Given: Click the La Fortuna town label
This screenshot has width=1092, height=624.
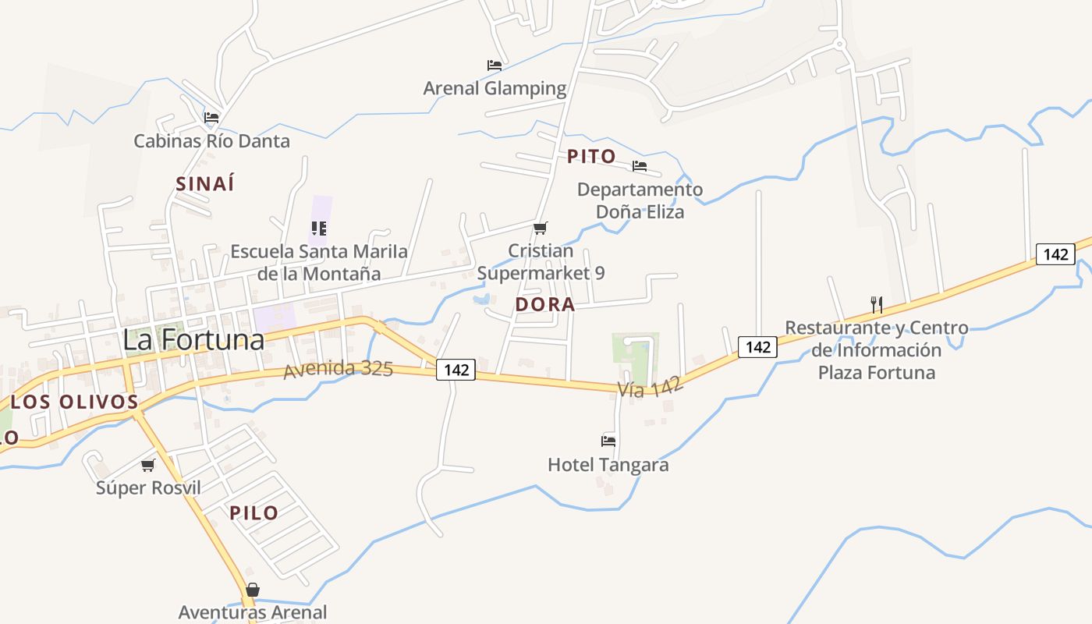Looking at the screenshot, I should point(193,340).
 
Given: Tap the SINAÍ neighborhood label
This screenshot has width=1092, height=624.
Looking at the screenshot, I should point(205,184).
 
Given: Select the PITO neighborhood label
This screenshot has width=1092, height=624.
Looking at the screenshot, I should point(591,156).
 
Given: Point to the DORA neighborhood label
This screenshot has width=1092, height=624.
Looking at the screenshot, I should point(545,304).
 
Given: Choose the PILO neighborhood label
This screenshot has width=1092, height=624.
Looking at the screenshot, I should point(253,512).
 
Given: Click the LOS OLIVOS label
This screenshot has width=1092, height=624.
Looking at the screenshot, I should point(75,402).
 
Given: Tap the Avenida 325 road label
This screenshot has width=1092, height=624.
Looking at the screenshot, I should point(338,368).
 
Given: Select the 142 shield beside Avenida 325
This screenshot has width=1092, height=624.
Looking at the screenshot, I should point(456,369).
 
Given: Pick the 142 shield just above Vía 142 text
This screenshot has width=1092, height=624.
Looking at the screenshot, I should point(758,346).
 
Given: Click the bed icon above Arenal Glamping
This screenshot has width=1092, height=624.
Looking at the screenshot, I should point(495,66).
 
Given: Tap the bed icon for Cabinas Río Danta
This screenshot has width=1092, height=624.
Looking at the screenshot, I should point(211,119).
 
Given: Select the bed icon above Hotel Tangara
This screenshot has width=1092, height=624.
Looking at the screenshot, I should point(608,441).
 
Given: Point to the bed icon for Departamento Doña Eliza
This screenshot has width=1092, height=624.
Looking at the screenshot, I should point(640,166).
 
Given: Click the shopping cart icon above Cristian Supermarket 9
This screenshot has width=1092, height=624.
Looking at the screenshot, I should point(540,228).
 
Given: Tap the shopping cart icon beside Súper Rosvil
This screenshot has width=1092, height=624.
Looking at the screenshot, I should point(147,465).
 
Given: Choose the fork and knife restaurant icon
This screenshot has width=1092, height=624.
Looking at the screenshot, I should point(876,304).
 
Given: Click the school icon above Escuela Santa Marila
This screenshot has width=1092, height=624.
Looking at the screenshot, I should point(318,229).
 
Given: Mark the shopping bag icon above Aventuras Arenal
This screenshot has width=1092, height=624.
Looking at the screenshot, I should point(252,590).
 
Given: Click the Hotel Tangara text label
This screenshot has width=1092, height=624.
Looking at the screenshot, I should point(608,465).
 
